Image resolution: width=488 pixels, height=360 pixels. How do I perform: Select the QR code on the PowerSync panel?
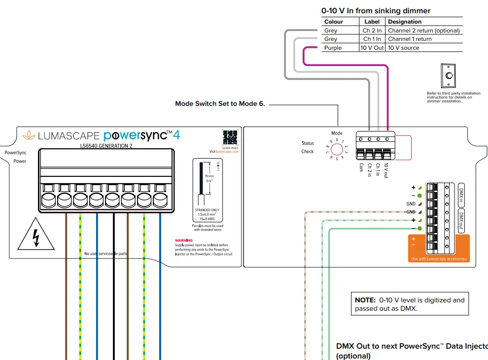click(230, 137)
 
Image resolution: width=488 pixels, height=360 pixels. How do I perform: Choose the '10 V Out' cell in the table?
click(372, 48)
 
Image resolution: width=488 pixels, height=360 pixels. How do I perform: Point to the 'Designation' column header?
click(405, 22)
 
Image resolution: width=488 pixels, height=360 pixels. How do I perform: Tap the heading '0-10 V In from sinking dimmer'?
click(376, 10)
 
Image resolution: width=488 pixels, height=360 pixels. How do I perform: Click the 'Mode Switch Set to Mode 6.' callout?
click(220, 104)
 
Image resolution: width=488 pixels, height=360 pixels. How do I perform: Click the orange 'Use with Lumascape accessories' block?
click(438, 249)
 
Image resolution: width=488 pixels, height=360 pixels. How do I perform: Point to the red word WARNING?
click(184, 240)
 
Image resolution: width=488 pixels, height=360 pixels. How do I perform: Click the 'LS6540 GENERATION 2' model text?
click(106, 146)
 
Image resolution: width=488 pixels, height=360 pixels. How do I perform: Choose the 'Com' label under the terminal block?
click(361, 167)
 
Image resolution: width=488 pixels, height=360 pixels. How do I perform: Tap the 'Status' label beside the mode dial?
click(308, 143)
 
